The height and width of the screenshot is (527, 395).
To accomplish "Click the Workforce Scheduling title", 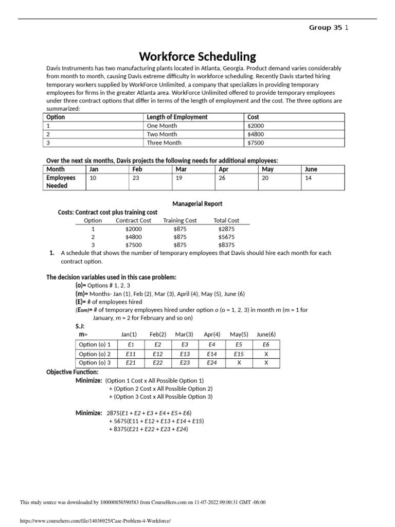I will click(197, 56).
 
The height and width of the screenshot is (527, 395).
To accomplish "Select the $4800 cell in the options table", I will click(256, 134).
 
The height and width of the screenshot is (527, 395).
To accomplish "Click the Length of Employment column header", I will click(177, 117).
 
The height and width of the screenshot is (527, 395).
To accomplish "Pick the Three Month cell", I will click(164, 143).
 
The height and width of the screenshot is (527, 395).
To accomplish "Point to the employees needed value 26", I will click(223, 178).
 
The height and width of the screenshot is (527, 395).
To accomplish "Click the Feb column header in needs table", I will click(137, 169).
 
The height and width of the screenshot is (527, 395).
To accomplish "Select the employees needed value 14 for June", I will click(309, 178).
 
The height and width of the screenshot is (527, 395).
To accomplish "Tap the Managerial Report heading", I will click(197, 204).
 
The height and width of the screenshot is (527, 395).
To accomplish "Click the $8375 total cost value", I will click(227, 245).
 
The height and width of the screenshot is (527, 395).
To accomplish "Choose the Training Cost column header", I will click(180, 220).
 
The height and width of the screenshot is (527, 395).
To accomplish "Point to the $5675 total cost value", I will click(227, 237).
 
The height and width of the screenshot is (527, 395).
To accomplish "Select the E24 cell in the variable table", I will click(212, 363).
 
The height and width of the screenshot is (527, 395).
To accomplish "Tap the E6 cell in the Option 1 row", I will click(265, 345).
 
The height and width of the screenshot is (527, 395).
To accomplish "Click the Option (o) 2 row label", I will click(95, 354).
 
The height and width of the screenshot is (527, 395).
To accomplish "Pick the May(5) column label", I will click(239, 334).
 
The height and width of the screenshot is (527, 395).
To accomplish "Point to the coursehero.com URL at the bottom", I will click(94, 521).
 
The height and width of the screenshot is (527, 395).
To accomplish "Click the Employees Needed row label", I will click(61, 182).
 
